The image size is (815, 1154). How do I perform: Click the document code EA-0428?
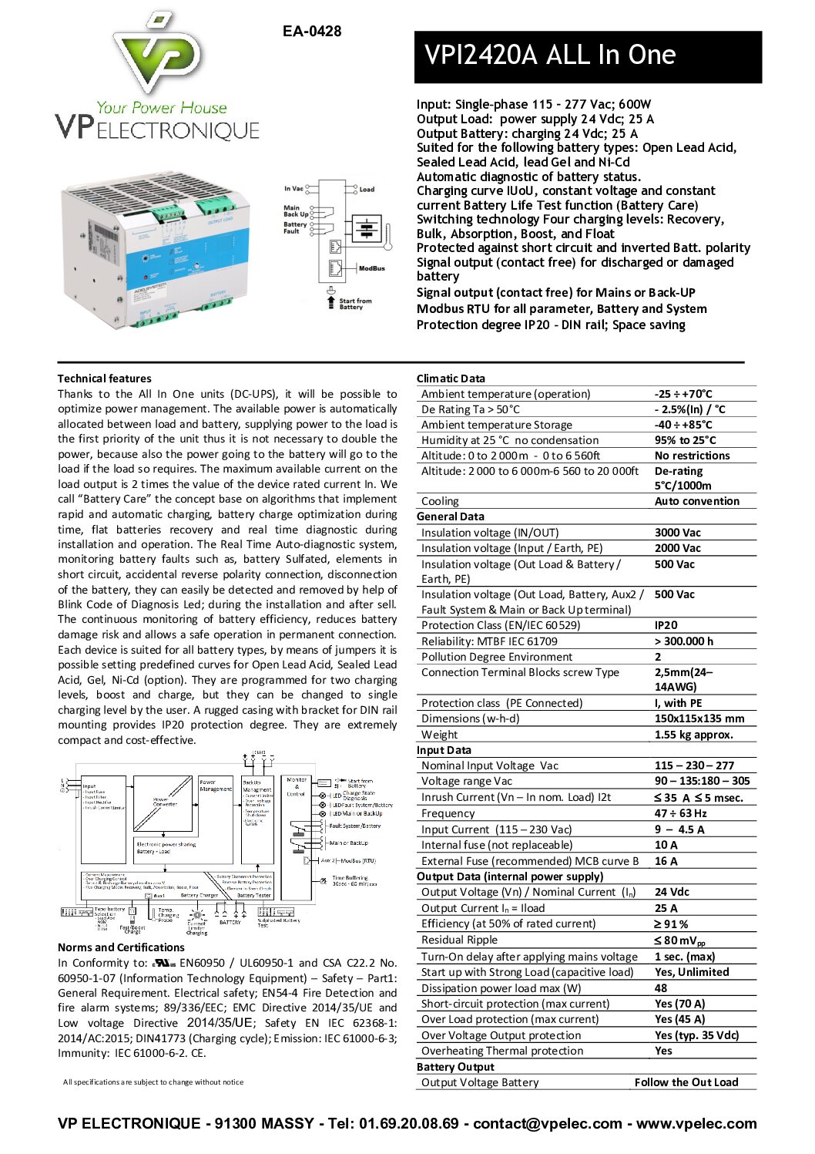(311, 32)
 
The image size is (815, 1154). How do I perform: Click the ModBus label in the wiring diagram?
(371, 268)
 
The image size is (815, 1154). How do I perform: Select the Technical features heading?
(104, 378)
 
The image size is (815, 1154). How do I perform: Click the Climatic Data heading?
(451, 378)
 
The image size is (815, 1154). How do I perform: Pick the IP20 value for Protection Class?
(666, 625)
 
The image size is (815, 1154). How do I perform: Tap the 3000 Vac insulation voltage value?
(677, 533)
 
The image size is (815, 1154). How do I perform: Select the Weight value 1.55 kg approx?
(693, 735)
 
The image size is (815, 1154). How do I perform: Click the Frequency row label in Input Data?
(448, 813)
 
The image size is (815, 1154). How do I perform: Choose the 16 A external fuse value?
(666, 861)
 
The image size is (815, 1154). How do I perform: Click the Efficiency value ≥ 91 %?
(671, 924)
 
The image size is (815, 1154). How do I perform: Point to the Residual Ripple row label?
(459, 940)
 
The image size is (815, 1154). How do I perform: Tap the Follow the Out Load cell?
(686, 1082)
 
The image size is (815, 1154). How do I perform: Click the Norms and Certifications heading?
(121, 947)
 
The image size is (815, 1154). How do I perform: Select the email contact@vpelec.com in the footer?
(547, 1123)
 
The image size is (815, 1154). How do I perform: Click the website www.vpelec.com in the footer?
(696, 1123)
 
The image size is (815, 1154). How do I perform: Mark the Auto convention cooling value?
(696, 501)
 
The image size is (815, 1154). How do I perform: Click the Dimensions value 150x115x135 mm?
(699, 718)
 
